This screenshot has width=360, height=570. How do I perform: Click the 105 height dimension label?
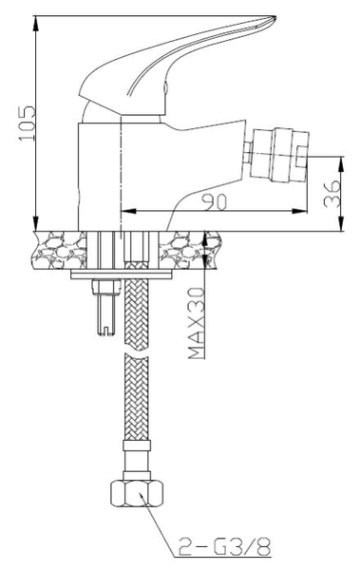tap(28, 123)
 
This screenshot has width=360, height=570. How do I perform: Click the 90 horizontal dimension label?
tap(216, 202)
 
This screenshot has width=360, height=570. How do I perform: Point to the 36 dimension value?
tap(332, 194)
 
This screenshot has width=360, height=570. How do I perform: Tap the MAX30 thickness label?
tap(197, 323)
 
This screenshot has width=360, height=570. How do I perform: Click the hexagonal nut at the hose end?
tap(137, 493)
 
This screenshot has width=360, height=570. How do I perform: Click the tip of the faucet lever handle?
tap(275, 17)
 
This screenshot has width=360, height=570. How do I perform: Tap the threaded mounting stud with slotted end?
tap(106, 306)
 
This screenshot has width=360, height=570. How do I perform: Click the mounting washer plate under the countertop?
tap(121, 275)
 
